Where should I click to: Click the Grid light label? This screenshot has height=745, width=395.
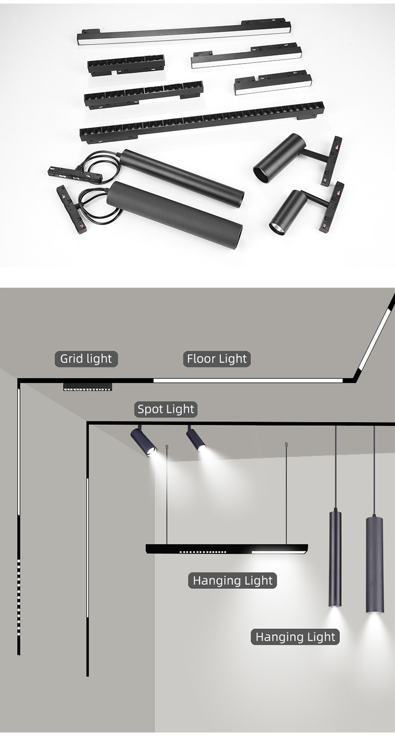coord(86,359)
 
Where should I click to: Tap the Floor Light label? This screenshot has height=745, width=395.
coord(217,359)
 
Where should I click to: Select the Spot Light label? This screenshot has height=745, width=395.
coord(165,409)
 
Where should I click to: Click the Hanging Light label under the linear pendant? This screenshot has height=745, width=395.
coord(232,580)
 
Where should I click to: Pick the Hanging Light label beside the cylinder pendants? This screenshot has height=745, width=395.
coord(295,637)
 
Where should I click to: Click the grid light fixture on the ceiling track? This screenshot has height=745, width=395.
coord(87,386)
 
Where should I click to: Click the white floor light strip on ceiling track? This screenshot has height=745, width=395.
coord(248,380)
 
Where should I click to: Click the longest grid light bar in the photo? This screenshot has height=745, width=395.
coord(202,123)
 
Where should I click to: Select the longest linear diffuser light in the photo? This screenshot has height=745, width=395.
coord(184,33)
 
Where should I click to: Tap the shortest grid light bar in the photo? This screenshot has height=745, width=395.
coord(126,66)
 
